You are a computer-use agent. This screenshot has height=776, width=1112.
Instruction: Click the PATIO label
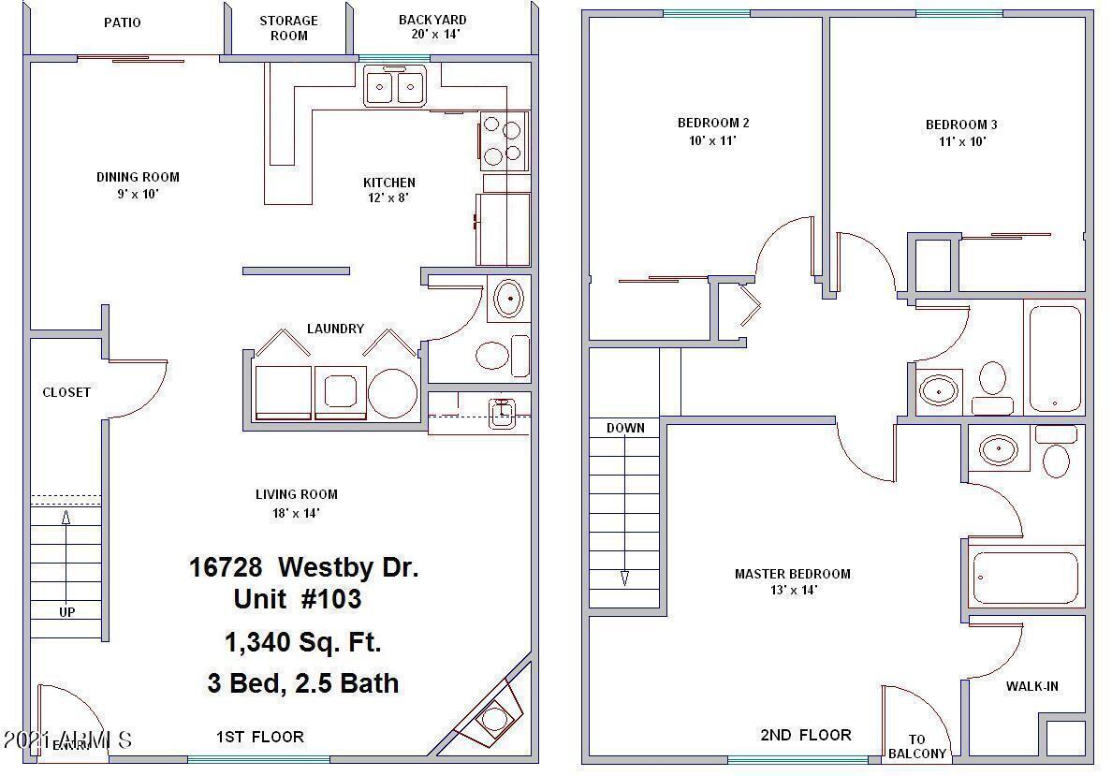[122, 22]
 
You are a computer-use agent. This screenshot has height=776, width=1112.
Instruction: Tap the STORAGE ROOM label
[288, 28]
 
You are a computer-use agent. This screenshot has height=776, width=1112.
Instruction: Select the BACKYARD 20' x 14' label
[432, 26]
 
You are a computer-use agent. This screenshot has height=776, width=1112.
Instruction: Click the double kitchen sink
[393, 88]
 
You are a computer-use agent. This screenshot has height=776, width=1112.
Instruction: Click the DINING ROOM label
[138, 177]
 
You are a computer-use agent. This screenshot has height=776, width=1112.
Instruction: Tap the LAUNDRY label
[335, 329]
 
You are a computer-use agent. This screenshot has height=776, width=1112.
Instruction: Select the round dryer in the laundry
[392, 392]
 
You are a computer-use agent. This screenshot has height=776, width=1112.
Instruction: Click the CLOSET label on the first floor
[66, 392]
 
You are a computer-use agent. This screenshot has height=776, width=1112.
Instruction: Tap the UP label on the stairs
[67, 612]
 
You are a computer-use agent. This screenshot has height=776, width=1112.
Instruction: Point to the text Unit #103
[298, 598]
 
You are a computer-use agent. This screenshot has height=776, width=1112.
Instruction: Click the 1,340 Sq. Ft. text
[302, 642]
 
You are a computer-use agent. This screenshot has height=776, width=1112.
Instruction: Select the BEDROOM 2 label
[713, 123]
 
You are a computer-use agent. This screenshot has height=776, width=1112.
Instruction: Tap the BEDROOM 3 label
[961, 124]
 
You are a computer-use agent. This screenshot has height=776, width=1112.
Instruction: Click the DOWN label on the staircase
[625, 428]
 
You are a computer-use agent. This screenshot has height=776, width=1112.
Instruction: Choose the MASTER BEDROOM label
[792, 574]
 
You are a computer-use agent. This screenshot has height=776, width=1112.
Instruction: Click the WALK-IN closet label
[1032, 686]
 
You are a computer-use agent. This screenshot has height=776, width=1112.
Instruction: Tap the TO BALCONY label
[917, 746]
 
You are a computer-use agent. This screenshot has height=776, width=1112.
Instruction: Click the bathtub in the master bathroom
[1026, 578]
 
